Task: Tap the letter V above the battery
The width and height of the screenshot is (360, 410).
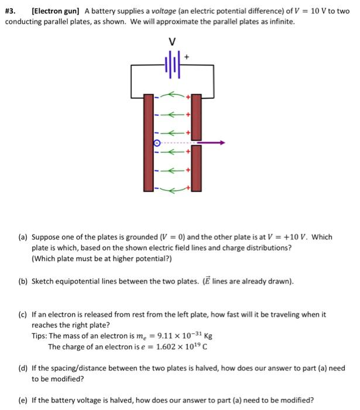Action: tap(172, 42)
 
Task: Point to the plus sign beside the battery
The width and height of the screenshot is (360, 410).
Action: tap(187, 57)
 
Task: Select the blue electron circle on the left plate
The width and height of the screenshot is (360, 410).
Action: tap(156, 142)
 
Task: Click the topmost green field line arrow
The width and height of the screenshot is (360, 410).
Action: tap(171, 93)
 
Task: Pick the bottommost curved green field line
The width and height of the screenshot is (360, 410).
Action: tap(171, 189)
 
